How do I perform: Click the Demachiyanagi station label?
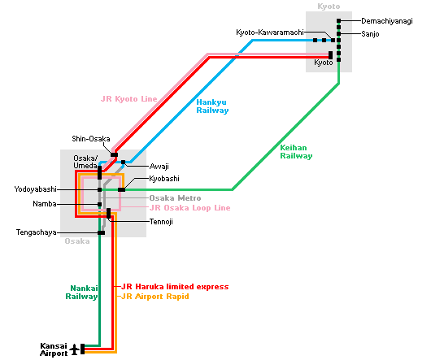click(x=387, y=21)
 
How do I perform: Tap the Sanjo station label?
click(x=370, y=34)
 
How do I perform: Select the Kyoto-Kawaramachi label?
click(x=270, y=33)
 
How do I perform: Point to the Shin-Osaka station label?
click(x=91, y=139)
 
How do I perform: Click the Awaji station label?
click(x=159, y=167)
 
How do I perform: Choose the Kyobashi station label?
click(x=164, y=179)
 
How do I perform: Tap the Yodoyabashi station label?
click(x=36, y=189)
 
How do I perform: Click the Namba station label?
click(x=45, y=204)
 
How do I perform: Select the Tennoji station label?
click(x=161, y=222)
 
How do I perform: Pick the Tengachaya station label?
click(x=37, y=232)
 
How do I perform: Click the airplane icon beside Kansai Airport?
click(x=74, y=349)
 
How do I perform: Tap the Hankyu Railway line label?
click(x=212, y=106)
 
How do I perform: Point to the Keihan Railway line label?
click(x=296, y=152)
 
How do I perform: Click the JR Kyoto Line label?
click(x=129, y=99)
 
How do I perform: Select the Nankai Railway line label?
click(x=81, y=293)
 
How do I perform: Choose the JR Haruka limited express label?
click(x=175, y=287)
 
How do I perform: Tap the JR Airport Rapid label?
click(x=155, y=297)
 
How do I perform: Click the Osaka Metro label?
click(x=175, y=198)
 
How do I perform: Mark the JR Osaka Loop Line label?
click(x=190, y=208)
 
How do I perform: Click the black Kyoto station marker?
click(x=330, y=55)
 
